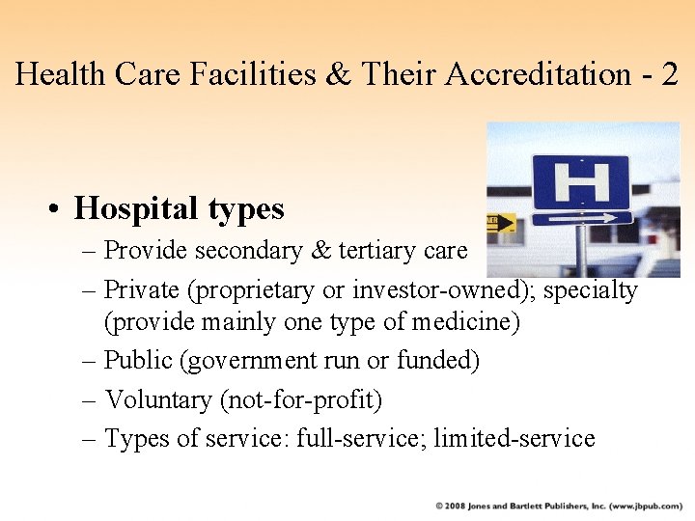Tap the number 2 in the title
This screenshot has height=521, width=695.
tap(670, 74)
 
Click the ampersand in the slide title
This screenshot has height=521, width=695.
tap(338, 74)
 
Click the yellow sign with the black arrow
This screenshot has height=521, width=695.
tap(501, 223)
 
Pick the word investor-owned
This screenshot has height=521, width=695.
tap(443, 289)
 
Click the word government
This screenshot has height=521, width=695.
tap(250, 361)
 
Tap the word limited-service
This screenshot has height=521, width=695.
tap(514, 439)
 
